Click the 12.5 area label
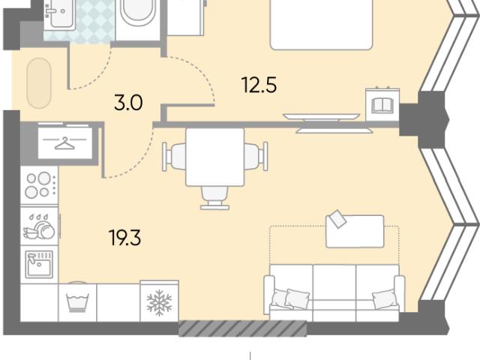259,85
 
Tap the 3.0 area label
128,103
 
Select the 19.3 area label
125,238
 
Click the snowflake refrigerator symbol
159,303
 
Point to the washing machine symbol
77,302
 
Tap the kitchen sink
39,264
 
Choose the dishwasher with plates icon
39,226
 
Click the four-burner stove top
39,185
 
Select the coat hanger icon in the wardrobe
64,143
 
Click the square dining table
215,157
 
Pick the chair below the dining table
215,198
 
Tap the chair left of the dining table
174,157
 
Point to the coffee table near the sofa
355,231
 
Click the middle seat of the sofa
334,293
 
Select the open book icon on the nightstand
382,105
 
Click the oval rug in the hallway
39,83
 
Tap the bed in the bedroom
322,25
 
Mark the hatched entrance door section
242,328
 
